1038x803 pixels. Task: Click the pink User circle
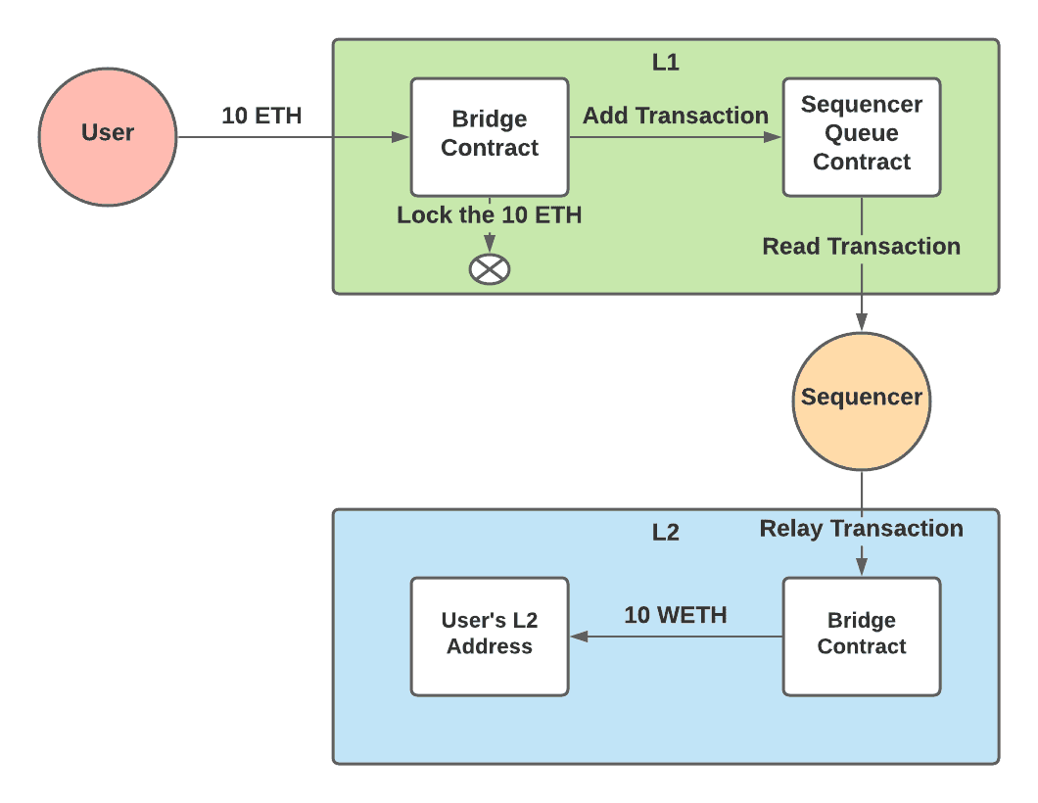tap(108, 137)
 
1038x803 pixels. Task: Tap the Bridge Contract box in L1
tap(490, 137)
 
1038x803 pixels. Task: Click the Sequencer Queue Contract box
tap(862, 137)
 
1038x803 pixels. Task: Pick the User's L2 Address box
tap(490, 637)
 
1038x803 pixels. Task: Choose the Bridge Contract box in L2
tap(862, 637)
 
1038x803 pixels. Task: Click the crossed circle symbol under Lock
tap(490, 269)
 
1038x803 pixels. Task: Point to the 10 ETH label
tap(261, 116)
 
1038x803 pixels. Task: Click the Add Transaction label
tap(676, 116)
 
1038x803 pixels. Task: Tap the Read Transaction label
tap(862, 247)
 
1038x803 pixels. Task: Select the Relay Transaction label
tap(862, 529)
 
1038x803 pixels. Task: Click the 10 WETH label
tap(676, 615)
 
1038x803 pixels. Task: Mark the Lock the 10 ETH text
tap(490, 215)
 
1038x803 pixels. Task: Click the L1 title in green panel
tap(666, 63)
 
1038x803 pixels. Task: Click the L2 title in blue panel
tap(666, 533)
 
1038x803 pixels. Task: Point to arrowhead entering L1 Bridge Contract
tap(401, 137)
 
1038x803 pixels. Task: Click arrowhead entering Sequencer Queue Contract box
tap(774, 137)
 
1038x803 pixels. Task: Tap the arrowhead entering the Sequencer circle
tap(862, 321)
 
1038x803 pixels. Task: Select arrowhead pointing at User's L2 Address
tap(579, 637)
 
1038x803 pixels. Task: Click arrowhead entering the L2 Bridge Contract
tap(862, 567)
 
